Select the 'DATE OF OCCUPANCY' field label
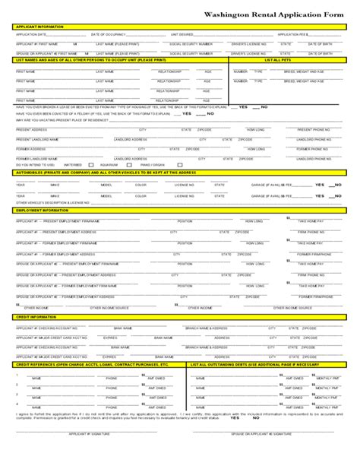coord(107,35)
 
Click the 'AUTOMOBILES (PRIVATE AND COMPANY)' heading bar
coord(99,173)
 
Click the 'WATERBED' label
coord(74,164)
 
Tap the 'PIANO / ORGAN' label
coord(153,164)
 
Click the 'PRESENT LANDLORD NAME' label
coord(35,140)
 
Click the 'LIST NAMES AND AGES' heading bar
coord(91,59)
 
